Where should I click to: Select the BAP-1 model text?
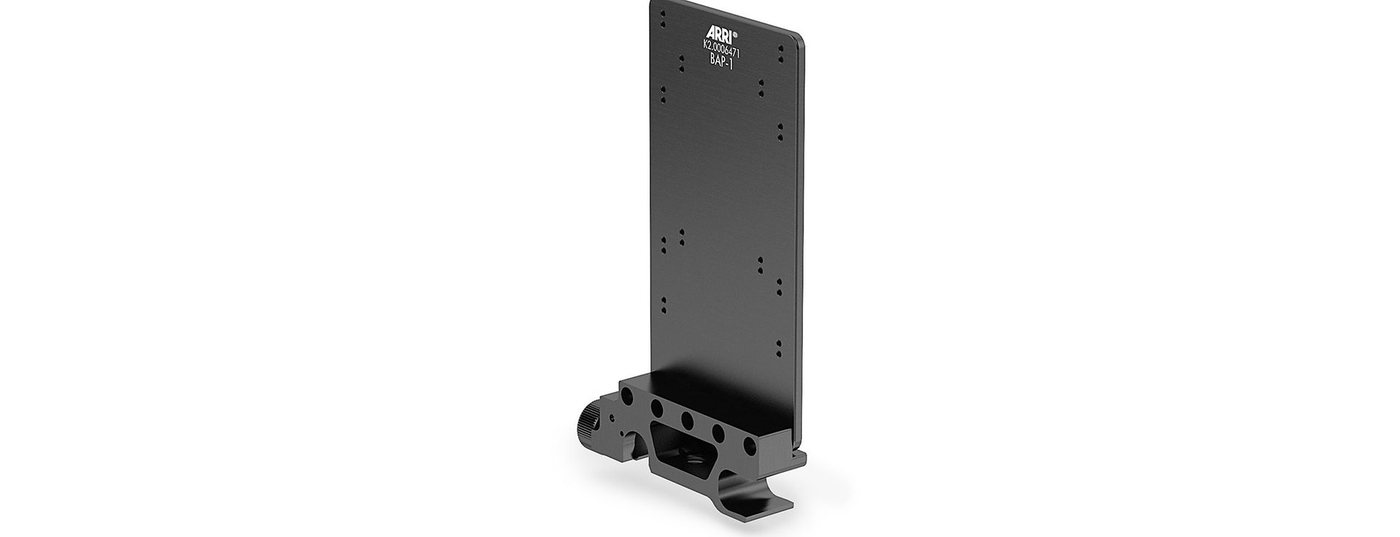pos(721,61)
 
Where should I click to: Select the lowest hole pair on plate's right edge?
pos(779,346)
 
